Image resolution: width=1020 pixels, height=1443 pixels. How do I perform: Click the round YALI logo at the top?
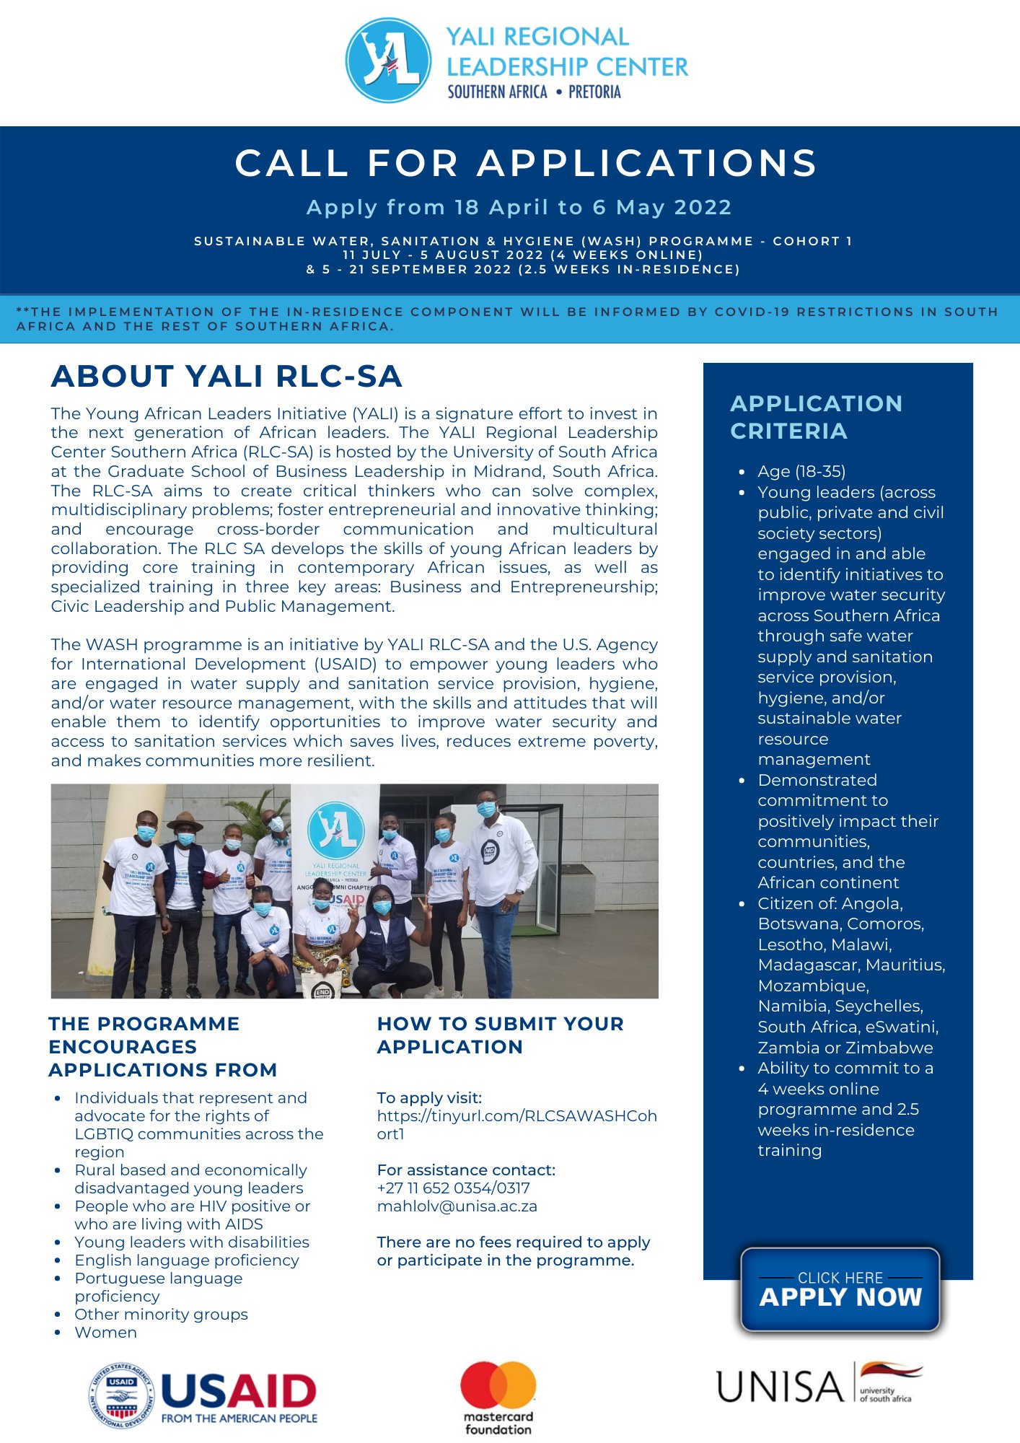[x=389, y=61]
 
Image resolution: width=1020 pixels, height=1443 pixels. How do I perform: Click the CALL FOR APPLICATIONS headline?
[x=527, y=163]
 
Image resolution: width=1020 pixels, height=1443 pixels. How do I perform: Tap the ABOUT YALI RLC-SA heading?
[x=227, y=377]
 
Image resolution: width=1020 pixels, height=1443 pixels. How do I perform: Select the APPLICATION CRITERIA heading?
[x=816, y=417]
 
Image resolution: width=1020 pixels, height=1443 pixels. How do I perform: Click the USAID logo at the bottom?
[x=203, y=1397]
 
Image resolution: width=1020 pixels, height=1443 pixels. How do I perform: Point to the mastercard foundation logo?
[x=498, y=1397]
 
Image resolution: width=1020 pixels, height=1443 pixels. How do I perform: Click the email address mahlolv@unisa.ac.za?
[x=457, y=1206]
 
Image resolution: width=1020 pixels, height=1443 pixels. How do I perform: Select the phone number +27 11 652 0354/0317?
[x=453, y=1188]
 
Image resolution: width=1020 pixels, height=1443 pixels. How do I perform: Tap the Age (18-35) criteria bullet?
[x=801, y=472]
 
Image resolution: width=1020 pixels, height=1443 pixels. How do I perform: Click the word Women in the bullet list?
[x=106, y=1333]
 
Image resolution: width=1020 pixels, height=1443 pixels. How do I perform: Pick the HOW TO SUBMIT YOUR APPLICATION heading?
[x=500, y=1035]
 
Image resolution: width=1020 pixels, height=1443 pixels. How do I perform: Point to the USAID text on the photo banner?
[x=348, y=900]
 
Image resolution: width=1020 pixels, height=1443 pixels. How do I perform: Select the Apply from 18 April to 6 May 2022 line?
[x=519, y=208]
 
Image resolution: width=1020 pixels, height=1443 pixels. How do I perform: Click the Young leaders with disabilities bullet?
[x=191, y=1242]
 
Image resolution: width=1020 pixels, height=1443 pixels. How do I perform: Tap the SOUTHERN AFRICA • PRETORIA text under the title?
[x=534, y=92]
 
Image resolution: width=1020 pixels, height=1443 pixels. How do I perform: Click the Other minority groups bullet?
[x=161, y=1315]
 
